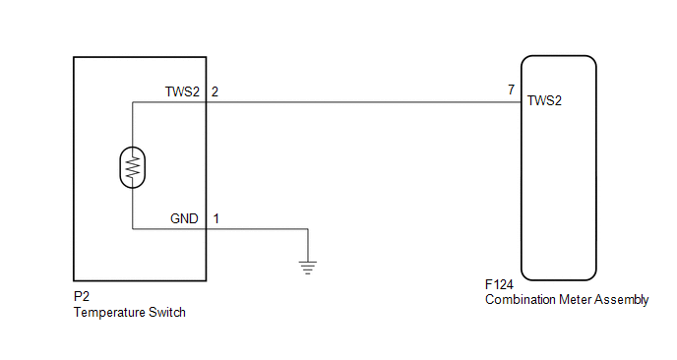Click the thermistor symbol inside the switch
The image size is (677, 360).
point(133,167)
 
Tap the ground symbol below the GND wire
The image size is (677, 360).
point(307,268)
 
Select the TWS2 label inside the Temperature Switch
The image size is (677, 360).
point(182,91)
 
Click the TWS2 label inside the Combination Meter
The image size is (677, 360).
point(544,100)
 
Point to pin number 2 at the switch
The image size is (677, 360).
point(215,91)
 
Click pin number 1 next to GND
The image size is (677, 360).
point(215,218)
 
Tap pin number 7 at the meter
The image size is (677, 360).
point(512,90)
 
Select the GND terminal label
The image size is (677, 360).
point(184,218)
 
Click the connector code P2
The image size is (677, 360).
point(82,296)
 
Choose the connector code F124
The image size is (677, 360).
point(499,285)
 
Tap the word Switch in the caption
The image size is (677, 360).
point(167,312)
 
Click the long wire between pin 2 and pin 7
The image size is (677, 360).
point(364,102)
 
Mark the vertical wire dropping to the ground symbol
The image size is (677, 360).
point(308,245)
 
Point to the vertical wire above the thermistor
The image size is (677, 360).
point(133,124)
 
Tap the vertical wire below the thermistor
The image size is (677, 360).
point(133,209)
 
